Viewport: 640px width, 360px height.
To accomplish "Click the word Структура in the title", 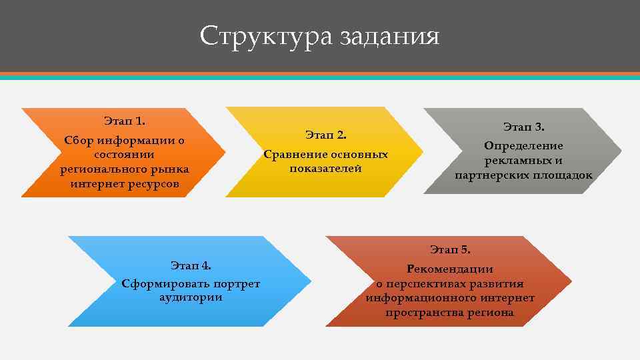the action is pos(266,36).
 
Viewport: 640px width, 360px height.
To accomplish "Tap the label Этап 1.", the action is pos(125,121).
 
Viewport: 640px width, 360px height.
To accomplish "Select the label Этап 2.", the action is pos(326,135).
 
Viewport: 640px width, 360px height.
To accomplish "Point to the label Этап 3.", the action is pos(524,127).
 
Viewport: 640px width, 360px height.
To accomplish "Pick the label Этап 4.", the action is pos(191,265).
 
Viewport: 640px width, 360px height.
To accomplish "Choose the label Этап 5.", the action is pos(450,250).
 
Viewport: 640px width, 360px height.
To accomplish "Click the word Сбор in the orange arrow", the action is pos(77,141).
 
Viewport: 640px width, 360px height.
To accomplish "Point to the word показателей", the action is pos(326,169).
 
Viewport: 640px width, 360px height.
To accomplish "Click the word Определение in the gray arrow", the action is pos(524,146).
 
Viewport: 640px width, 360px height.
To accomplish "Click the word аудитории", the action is pos(191,297).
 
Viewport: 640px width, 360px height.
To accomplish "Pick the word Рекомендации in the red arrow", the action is pos(450,269).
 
